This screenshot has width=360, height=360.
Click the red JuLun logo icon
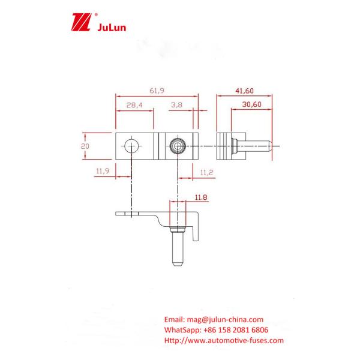click(79, 23)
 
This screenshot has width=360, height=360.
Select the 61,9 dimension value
click(157, 90)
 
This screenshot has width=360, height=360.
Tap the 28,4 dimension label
click(134, 105)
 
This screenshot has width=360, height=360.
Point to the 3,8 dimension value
click(176, 105)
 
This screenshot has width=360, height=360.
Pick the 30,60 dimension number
click(251, 105)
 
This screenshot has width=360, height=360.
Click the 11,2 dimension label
click(206, 172)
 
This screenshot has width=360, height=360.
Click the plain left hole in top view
click(131, 145)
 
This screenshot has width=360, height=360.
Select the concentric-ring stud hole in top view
click(178, 145)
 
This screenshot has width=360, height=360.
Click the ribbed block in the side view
click(224, 145)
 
